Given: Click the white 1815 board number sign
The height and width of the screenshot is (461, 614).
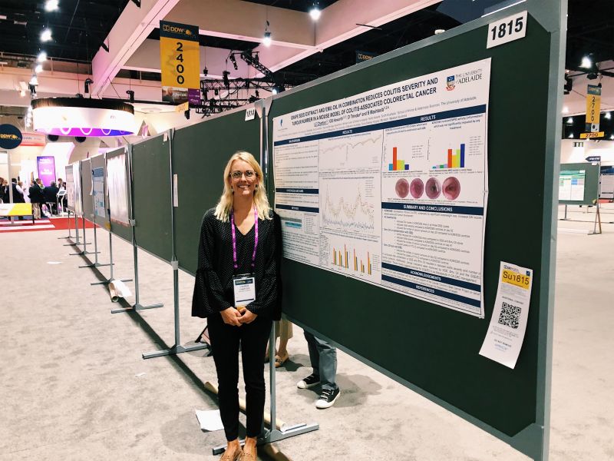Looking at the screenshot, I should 507,29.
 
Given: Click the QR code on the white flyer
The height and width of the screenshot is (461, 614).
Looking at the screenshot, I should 509,313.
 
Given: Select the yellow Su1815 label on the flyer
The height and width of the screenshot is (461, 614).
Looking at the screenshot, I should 516,277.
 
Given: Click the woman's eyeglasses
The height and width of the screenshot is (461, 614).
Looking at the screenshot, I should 243,174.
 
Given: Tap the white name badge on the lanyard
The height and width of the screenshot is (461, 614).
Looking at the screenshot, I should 244,290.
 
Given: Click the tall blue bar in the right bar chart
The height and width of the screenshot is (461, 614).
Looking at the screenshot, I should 461,154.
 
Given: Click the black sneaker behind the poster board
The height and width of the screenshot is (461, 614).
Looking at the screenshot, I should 327,396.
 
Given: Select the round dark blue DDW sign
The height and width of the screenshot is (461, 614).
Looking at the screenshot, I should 10,136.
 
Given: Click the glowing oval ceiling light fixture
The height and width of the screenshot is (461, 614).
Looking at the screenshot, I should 84,118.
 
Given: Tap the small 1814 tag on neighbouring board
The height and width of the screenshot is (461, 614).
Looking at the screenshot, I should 250,114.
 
